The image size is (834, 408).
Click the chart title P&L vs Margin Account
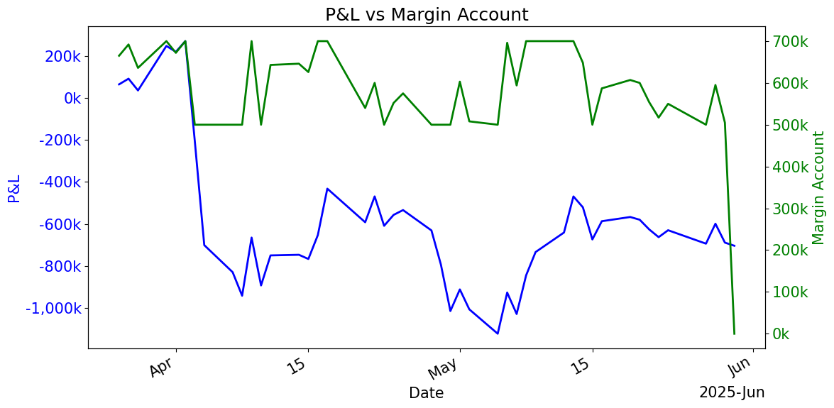click(426, 15)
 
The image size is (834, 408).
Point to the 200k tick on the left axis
click(62, 56)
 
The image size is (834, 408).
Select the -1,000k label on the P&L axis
click(53, 309)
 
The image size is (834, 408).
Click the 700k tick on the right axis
click(789, 42)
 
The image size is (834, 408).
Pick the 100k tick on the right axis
click(789, 292)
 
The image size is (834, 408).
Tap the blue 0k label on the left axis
click(72, 98)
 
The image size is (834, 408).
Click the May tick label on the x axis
click(445, 370)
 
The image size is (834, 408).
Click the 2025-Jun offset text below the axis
click(731, 392)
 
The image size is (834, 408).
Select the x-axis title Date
click(426, 392)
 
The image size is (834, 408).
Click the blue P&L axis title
click(14, 188)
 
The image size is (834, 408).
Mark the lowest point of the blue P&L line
click(498, 333)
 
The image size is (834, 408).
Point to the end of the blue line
click(734, 246)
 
